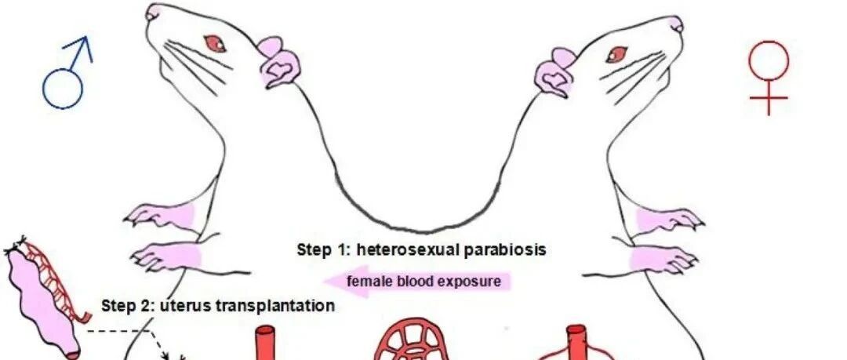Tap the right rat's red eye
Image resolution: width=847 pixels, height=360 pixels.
(x=616, y=53)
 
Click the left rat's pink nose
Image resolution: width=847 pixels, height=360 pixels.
(x=154, y=11)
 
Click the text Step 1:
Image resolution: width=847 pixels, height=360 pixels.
(x=322, y=250)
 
